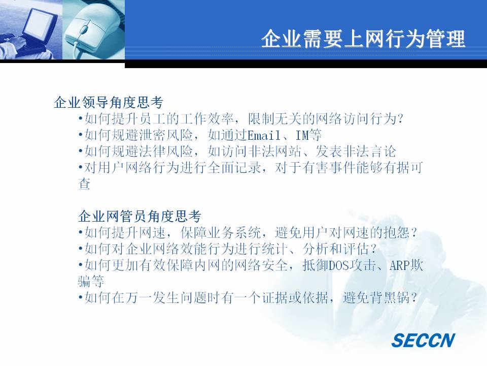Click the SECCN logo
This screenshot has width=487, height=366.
[x=423, y=340]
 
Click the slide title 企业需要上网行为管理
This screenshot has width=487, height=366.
[x=363, y=39]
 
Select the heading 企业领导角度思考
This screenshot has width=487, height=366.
[x=109, y=102]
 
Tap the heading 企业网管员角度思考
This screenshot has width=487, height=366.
[x=140, y=216]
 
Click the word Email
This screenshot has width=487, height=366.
[x=264, y=135]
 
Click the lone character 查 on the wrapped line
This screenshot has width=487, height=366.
[x=84, y=184]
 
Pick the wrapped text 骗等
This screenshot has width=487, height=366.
[x=91, y=282]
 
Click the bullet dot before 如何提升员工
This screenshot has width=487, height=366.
[x=81, y=118]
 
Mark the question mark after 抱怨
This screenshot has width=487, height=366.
[x=413, y=232]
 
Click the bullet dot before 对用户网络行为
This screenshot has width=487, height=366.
[x=81, y=168]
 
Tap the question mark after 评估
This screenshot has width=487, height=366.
[x=373, y=249]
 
